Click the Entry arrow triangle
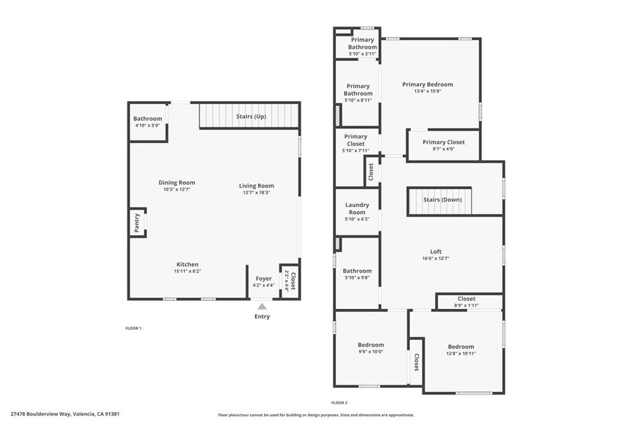pos(262,306)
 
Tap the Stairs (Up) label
pos(251,116)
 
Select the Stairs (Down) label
pos(442,200)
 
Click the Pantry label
pos(136,223)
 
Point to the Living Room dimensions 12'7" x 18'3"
pos(256,192)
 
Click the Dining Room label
pos(177,182)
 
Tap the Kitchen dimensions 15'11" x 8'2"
pos(188,271)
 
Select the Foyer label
pos(264,279)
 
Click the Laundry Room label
pos(357,208)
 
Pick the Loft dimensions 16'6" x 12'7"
pos(436,258)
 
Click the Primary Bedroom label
pos(428,84)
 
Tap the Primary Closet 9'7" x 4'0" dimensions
pos(443,149)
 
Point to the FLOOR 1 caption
pos(133,329)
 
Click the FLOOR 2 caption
pos(339,403)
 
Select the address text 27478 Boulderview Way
pos(41,414)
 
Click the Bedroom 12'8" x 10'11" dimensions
pos(461,353)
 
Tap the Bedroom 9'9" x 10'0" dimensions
pos(371,351)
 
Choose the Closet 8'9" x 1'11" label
pos(467,298)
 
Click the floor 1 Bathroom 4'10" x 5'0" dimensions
pos(148,125)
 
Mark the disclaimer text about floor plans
pos(316,415)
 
